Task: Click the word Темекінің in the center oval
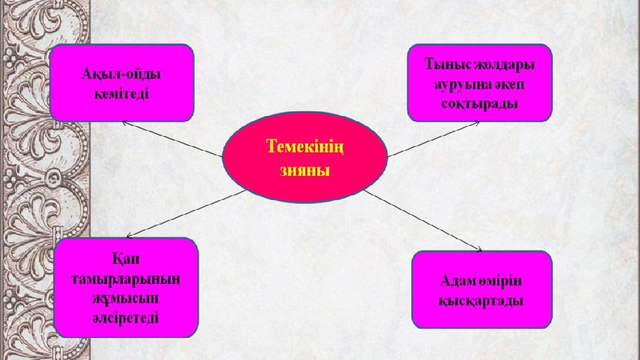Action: pos(305,147)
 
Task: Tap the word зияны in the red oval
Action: pos(305,170)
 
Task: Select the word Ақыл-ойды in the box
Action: pos(121,74)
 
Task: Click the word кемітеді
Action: pos(121,94)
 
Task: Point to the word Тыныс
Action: pos(448,64)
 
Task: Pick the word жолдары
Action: pos(504,65)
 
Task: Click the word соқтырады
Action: pos(479,104)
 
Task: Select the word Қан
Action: pos(126,259)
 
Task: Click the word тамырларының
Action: pos(126,279)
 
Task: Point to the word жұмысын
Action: pos(125,299)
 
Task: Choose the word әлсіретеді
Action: pos(125,318)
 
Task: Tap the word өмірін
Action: pos(501,281)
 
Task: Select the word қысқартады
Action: pos(481,301)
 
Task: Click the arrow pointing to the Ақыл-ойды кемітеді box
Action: pos(172,139)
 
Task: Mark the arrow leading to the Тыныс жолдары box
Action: pos(433,139)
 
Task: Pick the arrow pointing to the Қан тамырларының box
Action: pos(186,213)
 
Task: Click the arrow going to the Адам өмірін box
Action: pos(423,221)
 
